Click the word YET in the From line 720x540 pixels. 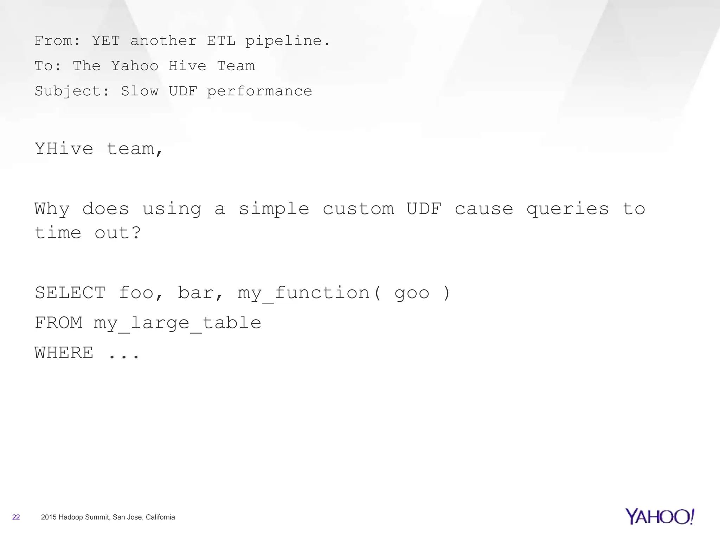106,41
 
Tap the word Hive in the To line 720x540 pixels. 187,66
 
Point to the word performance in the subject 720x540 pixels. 259,91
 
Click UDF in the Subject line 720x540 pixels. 183,91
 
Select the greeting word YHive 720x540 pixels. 64,149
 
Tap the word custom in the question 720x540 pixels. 358,209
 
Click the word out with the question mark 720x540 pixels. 117,233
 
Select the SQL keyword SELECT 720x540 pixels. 70,293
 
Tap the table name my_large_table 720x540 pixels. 177,323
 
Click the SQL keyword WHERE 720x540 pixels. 64,353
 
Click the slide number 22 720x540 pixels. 16,517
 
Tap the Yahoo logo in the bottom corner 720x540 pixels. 660,516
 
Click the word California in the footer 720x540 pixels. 160,517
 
